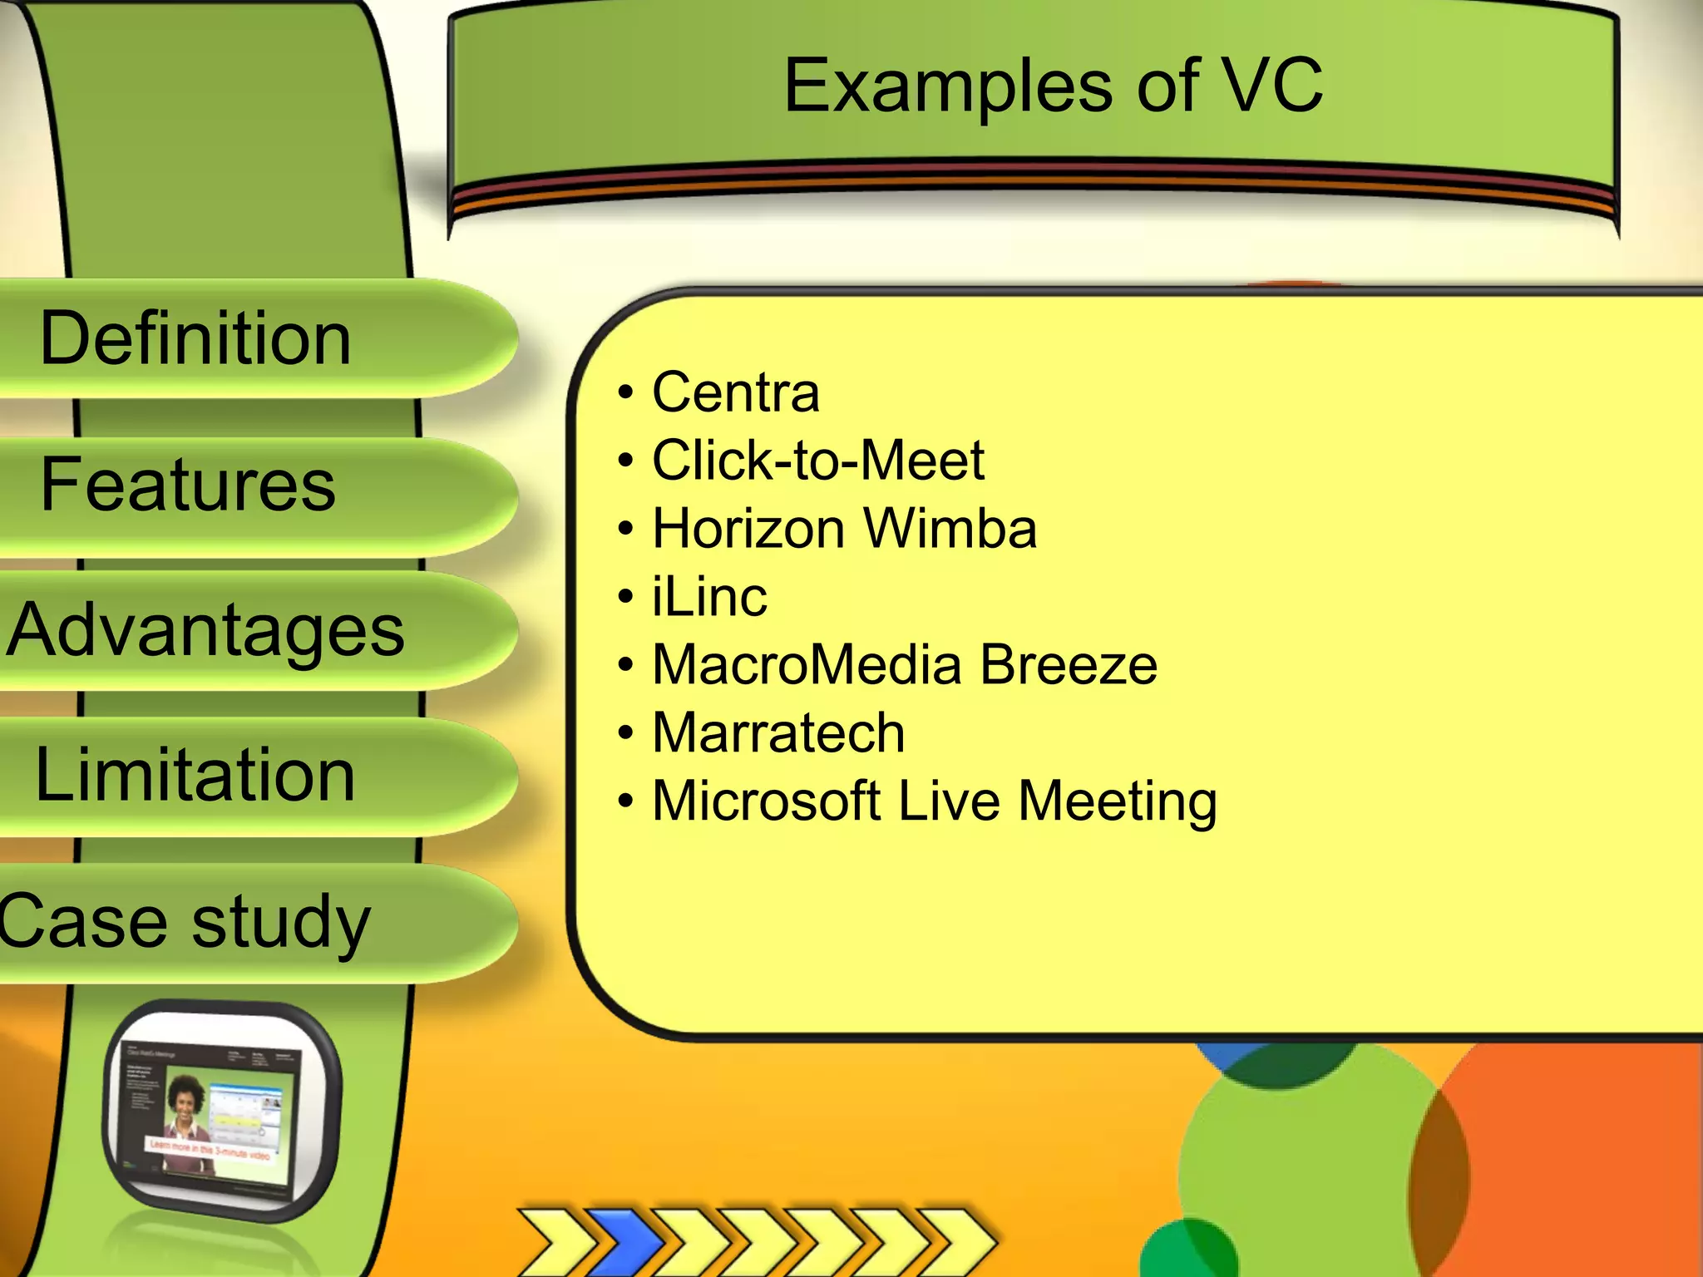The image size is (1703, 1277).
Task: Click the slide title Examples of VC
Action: tap(1053, 86)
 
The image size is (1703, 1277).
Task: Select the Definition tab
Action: tap(196, 338)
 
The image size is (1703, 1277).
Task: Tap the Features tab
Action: tap(189, 485)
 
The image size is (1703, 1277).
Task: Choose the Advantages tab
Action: tap(206, 630)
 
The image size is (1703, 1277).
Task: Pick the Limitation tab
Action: tap(195, 775)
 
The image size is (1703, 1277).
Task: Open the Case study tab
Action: tap(185, 922)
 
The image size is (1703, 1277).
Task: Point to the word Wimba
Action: tap(950, 529)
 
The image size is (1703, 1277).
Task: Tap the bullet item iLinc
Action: tap(709, 597)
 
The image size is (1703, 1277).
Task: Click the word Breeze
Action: tap(1069, 665)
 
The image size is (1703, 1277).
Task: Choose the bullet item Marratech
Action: tap(778, 733)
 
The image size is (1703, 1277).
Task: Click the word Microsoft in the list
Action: tap(766, 801)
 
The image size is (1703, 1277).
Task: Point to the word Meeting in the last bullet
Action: tap(1118, 803)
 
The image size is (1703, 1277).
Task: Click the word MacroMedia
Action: tap(807, 665)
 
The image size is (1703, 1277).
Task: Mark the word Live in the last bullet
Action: tap(949, 801)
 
